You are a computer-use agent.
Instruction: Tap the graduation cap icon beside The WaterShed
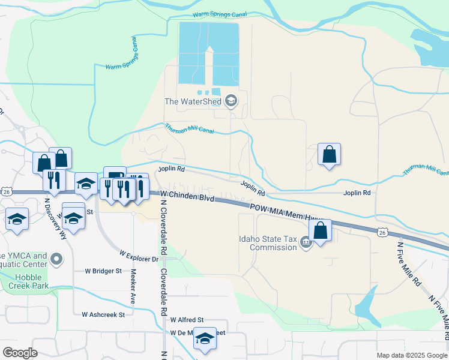(x=231, y=101)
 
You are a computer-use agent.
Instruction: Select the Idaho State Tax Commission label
(x=268, y=243)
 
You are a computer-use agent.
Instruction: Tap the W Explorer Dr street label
(x=138, y=256)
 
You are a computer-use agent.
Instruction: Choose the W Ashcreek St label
(x=103, y=314)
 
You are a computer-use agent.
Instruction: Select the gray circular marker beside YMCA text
(x=56, y=260)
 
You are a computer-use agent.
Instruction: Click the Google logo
(x=20, y=352)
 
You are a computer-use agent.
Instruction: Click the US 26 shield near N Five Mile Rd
(x=382, y=232)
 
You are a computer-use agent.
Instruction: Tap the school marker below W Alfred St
(x=205, y=340)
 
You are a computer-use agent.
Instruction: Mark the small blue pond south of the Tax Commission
(x=367, y=305)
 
